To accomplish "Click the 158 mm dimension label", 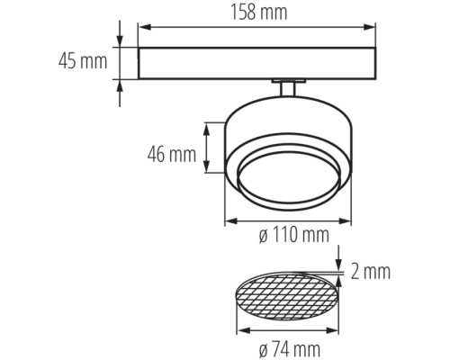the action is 258,13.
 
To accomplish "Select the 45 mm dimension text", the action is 83,61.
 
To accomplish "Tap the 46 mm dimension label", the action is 172,155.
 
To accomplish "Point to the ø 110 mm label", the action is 294,234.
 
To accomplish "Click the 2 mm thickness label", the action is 371,272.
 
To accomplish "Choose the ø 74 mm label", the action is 290,349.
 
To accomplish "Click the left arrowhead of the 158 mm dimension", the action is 145,27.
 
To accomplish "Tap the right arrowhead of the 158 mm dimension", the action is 370,27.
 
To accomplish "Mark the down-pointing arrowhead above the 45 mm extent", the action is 120,41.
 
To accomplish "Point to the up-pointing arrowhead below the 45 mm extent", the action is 120,85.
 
